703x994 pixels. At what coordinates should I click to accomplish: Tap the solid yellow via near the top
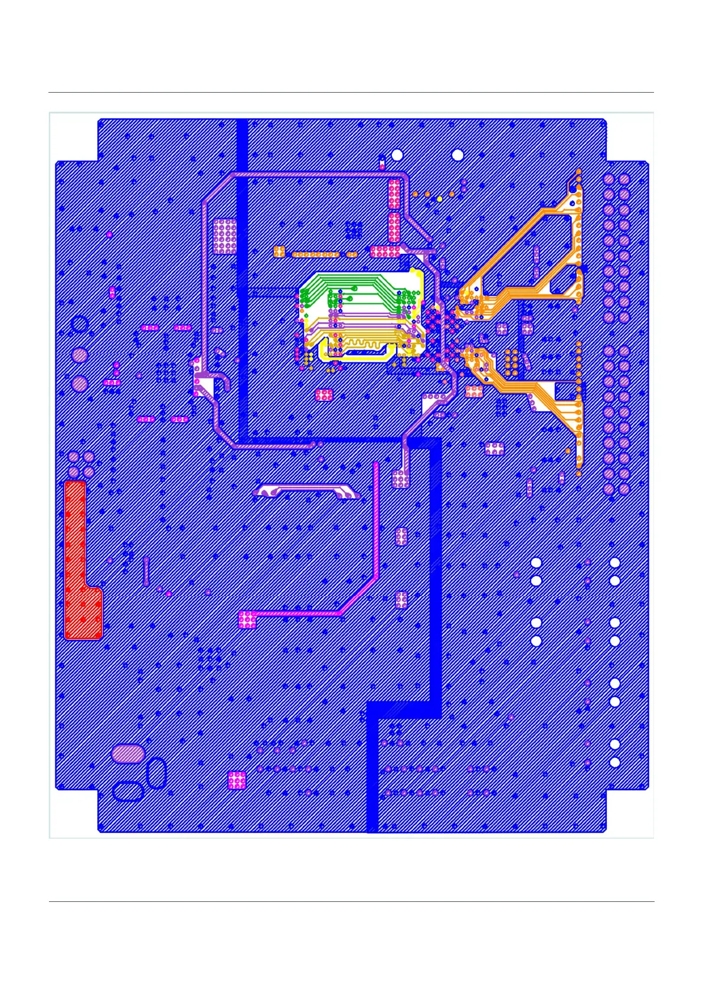tap(440, 199)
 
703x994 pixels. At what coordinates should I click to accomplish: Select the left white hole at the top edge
tap(397, 155)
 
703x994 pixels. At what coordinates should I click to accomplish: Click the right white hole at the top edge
tap(457, 155)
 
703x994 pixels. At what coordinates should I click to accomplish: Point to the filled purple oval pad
tap(128, 753)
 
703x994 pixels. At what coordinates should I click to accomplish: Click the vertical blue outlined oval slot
tap(156, 773)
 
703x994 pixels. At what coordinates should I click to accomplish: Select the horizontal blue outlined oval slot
tap(127, 792)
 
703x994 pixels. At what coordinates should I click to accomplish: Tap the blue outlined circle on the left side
tap(80, 324)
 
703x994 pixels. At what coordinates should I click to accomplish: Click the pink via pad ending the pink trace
tap(247, 620)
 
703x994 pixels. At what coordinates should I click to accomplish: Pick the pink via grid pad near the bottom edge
tap(237, 780)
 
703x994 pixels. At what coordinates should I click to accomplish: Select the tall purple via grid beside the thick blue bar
tap(224, 236)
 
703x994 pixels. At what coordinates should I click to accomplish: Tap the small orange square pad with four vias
tap(279, 251)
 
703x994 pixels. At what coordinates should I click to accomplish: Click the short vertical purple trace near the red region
tap(146, 570)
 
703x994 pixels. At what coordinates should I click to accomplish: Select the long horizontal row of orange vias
tap(316, 254)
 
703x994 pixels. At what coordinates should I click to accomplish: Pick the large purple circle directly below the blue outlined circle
tap(80, 355)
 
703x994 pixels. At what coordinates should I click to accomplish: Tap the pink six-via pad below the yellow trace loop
tap(324, 395)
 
